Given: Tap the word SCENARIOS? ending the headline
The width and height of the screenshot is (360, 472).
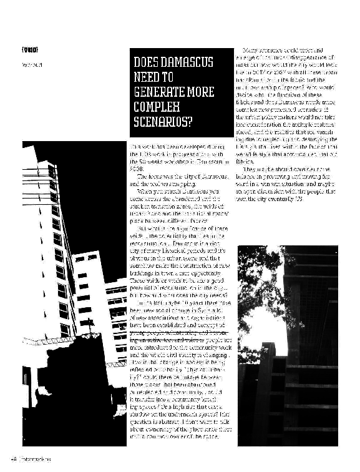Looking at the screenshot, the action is [x=165, y=120].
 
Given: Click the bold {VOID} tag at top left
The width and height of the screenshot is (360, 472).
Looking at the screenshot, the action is [x=30, y=49].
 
